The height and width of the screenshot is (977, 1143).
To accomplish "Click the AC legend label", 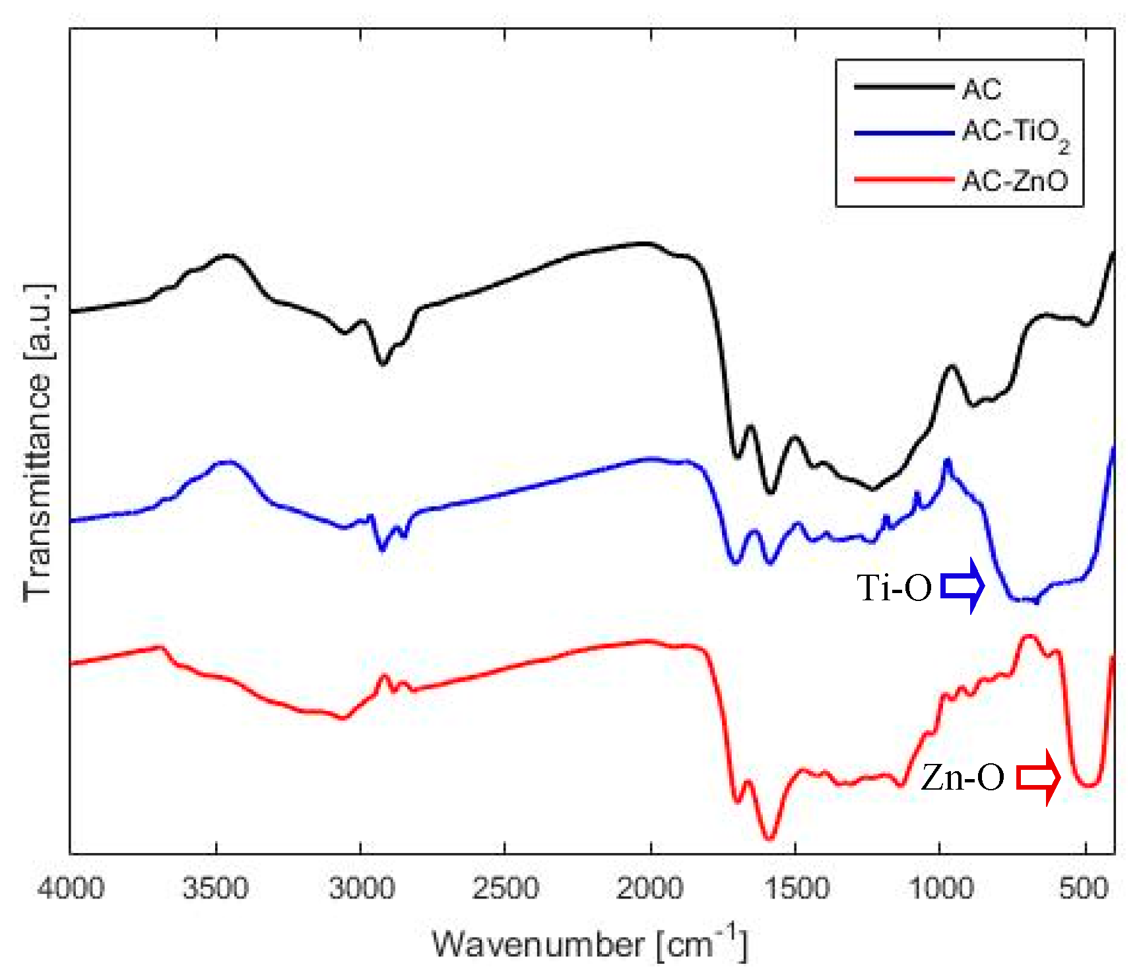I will pyautogui.click(x=981, y=89).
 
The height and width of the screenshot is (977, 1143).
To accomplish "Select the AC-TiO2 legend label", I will pyautogui.click(x=1015, y=135).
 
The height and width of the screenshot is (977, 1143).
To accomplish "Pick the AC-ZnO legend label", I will pyautogui.click(x=1014, y=180).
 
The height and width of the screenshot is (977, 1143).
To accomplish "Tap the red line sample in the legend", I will pyautogui.click(x=903, y=179).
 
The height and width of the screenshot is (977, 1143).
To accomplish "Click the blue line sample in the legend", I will pyautogui.click(x=903, y=133).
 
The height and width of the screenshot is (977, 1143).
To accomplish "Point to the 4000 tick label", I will pyautogui.click(x=71, y=889).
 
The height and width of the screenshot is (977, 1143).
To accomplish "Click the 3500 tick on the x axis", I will pyautogui.click(x=216, y=889).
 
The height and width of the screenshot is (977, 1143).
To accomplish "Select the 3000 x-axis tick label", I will pyautogui.click(x=361, y=889).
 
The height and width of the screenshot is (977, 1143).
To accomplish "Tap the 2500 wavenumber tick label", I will pyautogui.click(x=506, y=889).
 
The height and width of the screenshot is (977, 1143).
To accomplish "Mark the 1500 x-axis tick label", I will pyautogui.click(x=795, y=889).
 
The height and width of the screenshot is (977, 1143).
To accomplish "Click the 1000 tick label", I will pyautogui.click(x=940, y=889).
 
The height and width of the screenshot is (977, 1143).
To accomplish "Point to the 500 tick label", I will pyautogui.click(x=1084, y=889).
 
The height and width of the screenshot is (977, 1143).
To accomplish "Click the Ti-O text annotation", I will pyautogui.click(x=894, y=587).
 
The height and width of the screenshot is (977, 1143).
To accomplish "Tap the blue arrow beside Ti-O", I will pyautogui.click(x=963, y=586).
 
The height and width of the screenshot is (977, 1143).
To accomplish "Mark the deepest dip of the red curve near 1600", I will pyautogui.click(x=769, y=838).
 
